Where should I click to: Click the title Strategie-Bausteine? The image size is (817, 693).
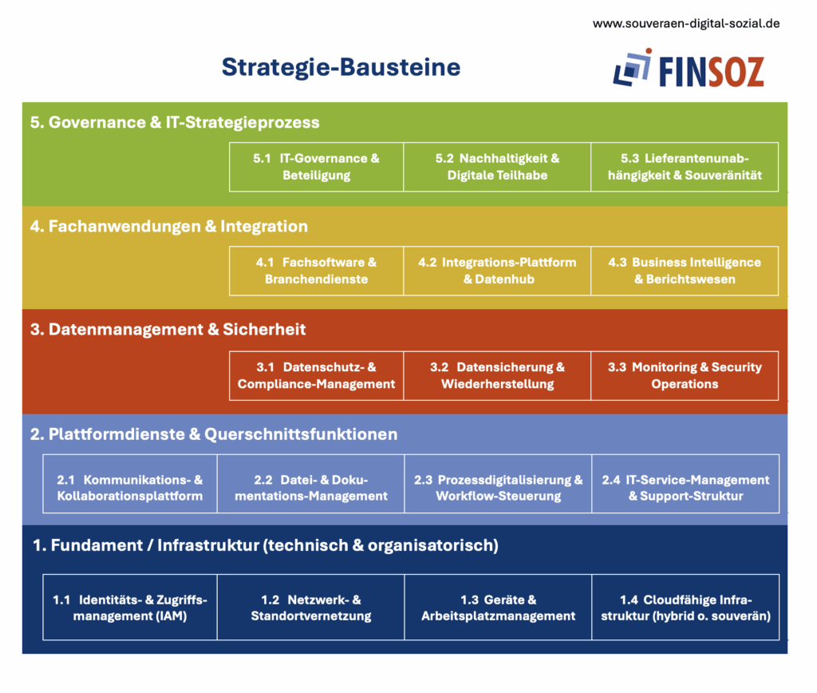[x=341, y=67]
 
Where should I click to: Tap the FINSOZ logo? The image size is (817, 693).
[x=689, y=69]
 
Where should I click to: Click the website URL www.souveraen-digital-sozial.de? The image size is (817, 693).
[x=686, y=23]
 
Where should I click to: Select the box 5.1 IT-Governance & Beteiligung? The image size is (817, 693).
[x=316, y=167]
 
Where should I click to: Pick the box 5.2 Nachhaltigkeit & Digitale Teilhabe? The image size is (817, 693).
[x=497, y=167]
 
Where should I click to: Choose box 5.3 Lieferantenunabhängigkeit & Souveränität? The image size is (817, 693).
[x=685, y=167]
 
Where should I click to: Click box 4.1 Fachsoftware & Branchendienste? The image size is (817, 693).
[x=316, y=271]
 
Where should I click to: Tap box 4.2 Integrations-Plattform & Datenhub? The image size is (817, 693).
[x=497, y=271]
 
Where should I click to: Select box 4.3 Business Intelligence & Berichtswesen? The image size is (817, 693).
[x=685, y=271]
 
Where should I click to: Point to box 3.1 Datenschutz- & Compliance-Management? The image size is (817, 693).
[x=316, y=375]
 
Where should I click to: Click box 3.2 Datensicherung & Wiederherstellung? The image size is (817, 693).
[x=497, y=375]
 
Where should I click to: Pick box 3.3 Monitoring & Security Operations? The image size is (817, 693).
[x=685, y=375]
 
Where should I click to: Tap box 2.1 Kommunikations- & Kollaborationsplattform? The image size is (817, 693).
[x=130, y=483]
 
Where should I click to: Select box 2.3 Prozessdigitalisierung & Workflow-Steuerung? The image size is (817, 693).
[x=498, y=483]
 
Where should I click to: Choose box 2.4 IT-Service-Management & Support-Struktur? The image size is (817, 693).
[x=685, y=483]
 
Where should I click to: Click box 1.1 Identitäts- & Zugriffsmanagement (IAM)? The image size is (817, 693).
[x=130, y=607]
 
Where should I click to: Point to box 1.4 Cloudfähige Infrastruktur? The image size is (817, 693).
[x=685, y=607]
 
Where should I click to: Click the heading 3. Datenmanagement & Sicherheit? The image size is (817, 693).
[x=168, y=330]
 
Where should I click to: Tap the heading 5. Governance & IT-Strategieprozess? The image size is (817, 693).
[x=175, y=122]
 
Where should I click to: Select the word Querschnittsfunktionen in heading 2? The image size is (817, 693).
[x=301, y=434]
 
